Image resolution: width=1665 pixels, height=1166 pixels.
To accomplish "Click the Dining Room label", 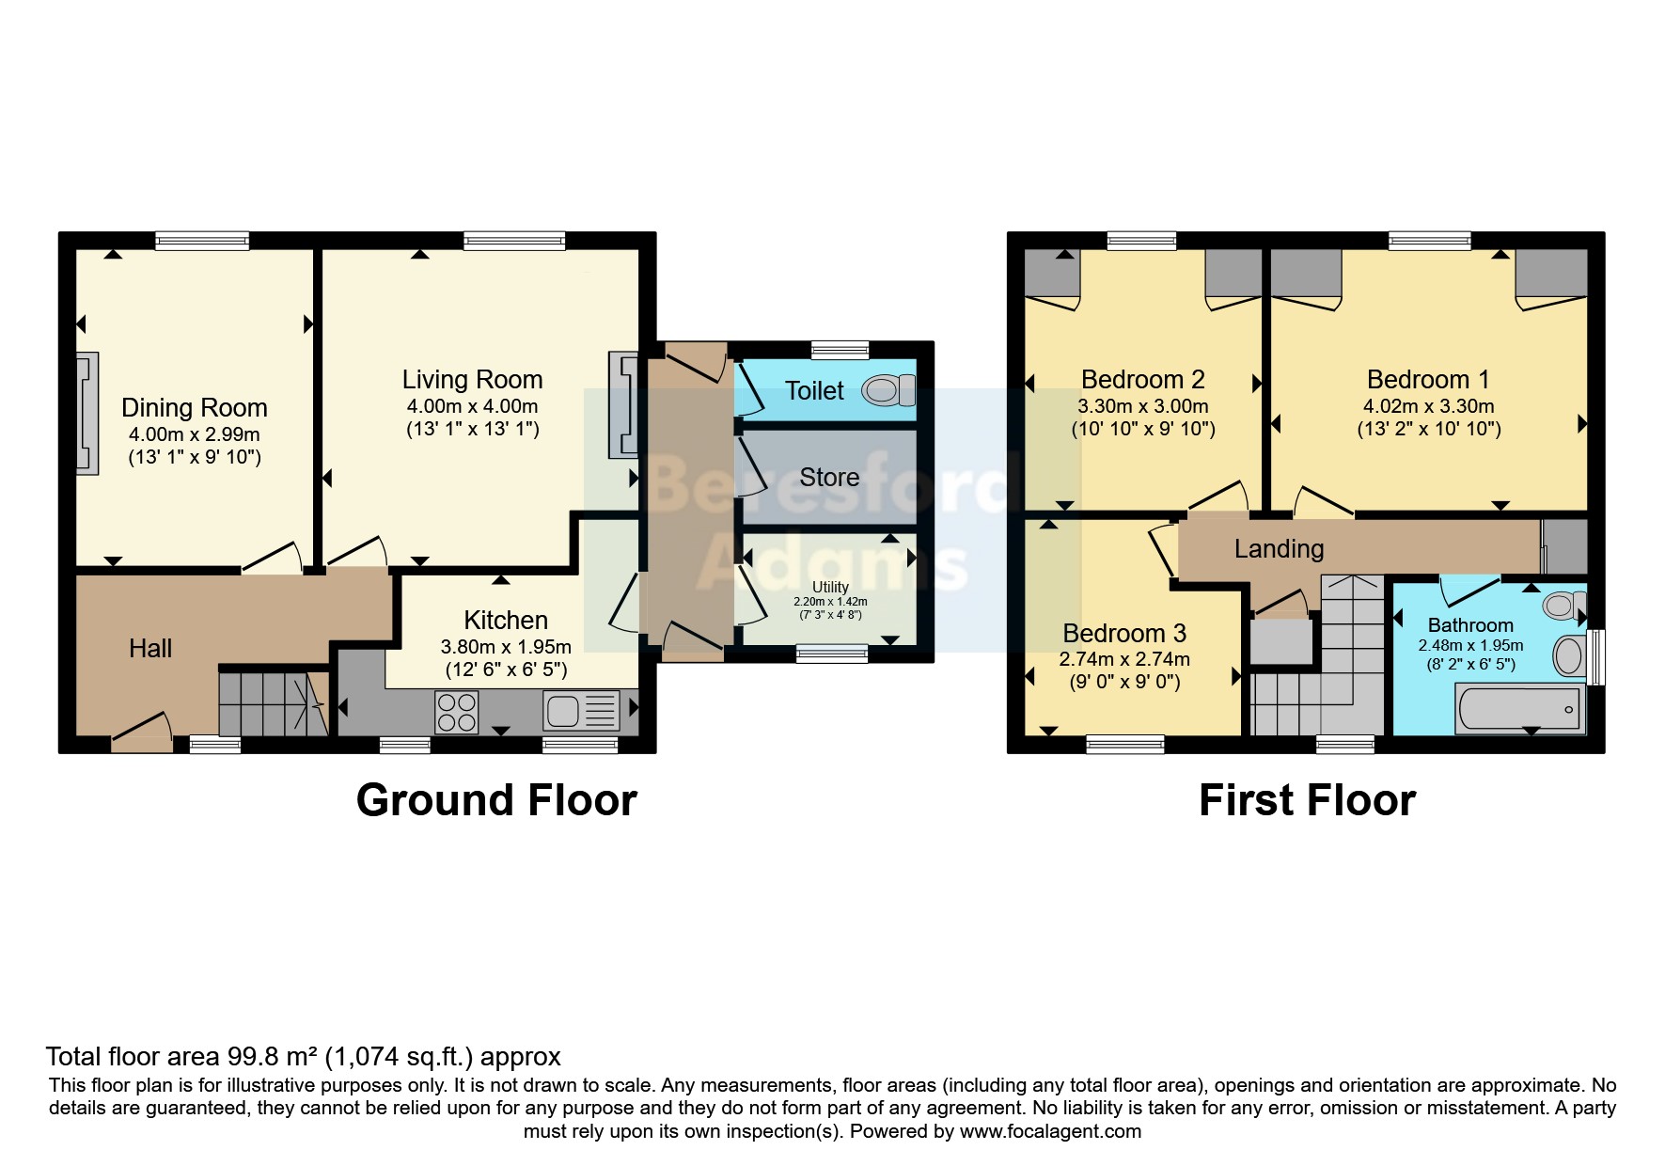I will [194, 408].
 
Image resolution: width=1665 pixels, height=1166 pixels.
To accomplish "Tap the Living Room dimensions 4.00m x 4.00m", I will [472, 406].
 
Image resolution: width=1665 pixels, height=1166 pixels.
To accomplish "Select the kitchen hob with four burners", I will [456, 712].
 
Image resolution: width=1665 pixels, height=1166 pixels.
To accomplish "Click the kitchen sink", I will [563, 711].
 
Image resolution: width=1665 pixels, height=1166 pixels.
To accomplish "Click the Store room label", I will [828, 478].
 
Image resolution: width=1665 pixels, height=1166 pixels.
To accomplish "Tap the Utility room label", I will [830, 587].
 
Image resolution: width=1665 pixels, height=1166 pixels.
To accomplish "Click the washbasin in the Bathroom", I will [1568, 655].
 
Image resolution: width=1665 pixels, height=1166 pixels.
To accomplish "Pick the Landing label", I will [1279, 549].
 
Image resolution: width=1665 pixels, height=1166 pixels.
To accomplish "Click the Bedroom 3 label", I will [1124, 633].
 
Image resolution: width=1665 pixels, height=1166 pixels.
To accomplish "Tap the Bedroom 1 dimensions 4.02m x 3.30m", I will [1428, 406].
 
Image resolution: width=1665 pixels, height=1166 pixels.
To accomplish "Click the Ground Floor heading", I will [496, 800].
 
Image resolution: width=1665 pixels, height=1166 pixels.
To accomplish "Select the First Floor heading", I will [1307, 800].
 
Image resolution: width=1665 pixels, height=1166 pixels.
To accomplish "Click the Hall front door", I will [142, 734].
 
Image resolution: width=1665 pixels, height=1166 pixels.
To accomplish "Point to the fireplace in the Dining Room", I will [86, 414].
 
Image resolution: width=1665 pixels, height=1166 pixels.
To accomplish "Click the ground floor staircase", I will [273, 702].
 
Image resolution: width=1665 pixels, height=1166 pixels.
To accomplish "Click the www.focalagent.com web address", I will [1050, 1131].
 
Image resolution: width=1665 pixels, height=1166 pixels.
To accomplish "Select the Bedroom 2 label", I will [1142, 380].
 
